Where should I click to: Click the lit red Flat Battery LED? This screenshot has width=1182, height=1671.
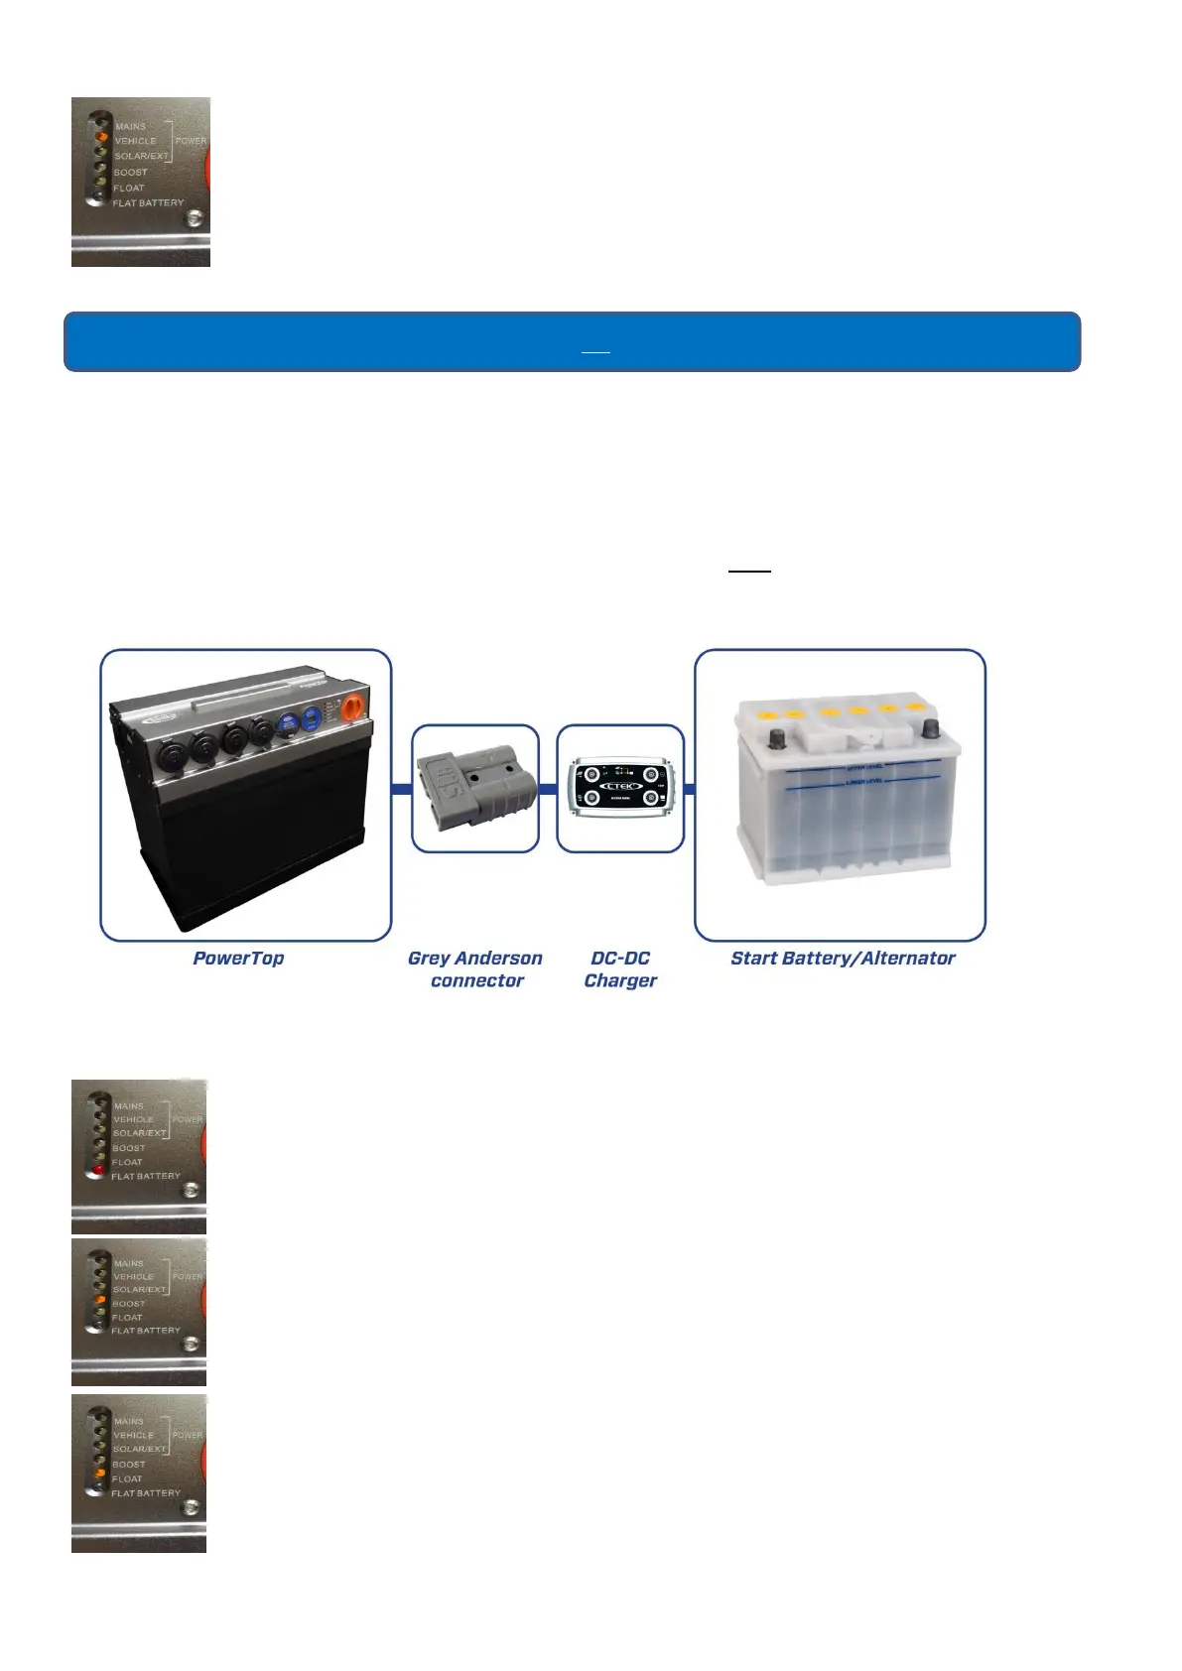[99, 1170]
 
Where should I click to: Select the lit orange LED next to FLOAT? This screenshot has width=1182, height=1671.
[99, 1475]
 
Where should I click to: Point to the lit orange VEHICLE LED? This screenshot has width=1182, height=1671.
[101, 137]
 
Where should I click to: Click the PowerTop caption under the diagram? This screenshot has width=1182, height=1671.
[238, 959]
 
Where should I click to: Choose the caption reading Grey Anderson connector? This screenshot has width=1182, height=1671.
[475, 969]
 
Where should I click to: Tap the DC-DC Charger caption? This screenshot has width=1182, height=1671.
[620, 969]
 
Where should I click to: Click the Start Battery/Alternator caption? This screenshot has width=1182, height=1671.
[843, 959]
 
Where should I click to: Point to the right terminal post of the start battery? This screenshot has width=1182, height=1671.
[930, 729]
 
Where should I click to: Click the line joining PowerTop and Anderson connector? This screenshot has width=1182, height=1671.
[402, 790]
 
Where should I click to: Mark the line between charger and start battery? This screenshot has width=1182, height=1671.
[690, 790]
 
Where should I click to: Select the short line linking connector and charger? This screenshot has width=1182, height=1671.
[548, 790]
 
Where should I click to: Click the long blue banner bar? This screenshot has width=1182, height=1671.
[572, 341]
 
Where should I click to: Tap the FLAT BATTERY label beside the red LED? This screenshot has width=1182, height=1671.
[146, 1176]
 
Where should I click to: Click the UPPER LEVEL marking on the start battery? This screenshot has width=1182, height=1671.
[864, 767]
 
